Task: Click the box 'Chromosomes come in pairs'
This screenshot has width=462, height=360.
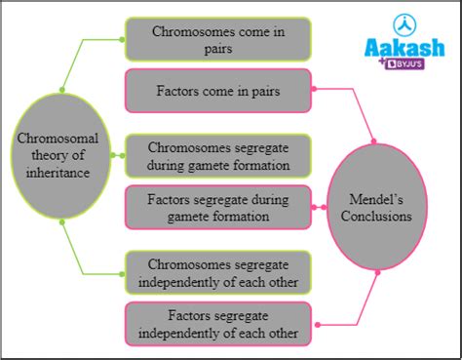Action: click(217, 38)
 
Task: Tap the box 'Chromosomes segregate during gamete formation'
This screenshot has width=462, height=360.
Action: click(217, 155)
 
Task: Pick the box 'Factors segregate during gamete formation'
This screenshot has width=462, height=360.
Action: click(217, 206)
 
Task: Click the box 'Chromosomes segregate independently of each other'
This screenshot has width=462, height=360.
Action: click(217, 272)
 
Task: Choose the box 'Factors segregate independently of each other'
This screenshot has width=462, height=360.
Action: click(217, 323)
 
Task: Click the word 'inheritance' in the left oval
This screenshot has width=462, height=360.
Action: click(59, 173)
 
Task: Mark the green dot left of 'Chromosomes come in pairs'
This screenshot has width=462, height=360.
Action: click(122, 40)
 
